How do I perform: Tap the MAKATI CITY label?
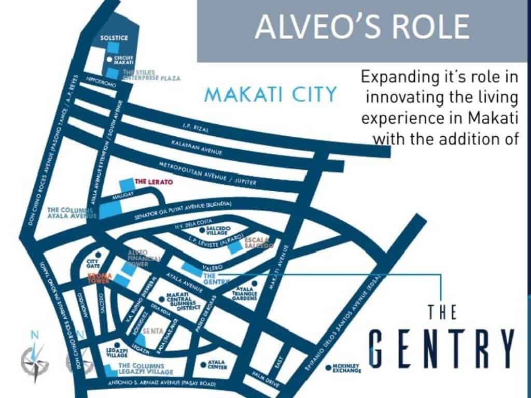[x=270, y=95]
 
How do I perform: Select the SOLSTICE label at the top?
[x=114, y=38]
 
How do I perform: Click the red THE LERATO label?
[x=153, y=182]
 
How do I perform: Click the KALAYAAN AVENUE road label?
[x=198, y=150]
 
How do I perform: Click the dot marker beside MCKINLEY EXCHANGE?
[x=328, y=368]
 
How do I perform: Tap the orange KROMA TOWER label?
[x=100, y=277]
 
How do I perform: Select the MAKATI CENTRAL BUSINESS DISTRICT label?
[x=183, y=302]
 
